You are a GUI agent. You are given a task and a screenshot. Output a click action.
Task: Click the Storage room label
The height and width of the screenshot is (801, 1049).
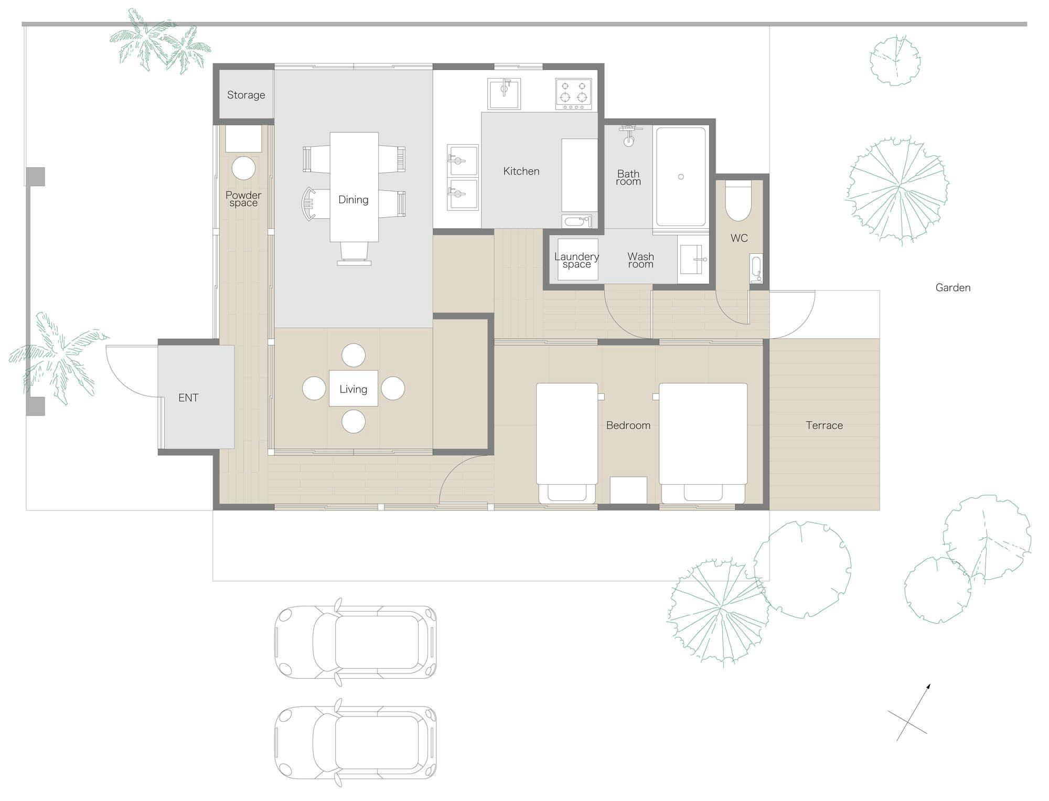click(246, 95)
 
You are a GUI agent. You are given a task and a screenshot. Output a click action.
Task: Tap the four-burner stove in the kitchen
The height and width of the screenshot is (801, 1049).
click(574, 94)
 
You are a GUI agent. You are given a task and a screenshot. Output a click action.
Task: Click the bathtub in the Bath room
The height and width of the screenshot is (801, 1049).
click(681, 177)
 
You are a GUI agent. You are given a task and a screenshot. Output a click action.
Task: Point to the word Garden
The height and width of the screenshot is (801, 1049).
click(953, 287)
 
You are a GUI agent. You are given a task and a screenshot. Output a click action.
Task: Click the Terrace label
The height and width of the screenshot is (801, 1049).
click(824, 425)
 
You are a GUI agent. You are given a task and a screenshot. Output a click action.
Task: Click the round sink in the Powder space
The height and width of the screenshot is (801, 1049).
click(243, 168)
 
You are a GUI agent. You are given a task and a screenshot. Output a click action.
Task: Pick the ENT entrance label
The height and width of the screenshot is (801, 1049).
click(188, 398)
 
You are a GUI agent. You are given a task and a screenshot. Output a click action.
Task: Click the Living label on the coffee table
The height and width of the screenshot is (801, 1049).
click(353, 389)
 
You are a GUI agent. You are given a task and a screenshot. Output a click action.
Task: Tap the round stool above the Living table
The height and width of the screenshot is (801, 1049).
click(354, 355)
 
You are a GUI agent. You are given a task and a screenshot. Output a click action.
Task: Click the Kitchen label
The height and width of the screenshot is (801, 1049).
click(521, 171)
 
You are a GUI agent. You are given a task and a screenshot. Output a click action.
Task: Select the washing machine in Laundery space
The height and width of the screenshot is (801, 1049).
click(577, 259)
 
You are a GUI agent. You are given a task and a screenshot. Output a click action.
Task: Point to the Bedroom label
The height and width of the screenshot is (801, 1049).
click(628, 425)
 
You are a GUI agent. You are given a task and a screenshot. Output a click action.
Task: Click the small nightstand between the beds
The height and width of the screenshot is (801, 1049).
click(628, 490)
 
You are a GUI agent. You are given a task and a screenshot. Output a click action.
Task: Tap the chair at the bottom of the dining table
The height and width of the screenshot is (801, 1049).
click(354, 253)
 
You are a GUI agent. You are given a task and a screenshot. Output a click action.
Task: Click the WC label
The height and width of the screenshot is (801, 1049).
click(739, 238)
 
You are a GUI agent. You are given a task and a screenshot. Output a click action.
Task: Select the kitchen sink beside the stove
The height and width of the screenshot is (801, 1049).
click(504, 93)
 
